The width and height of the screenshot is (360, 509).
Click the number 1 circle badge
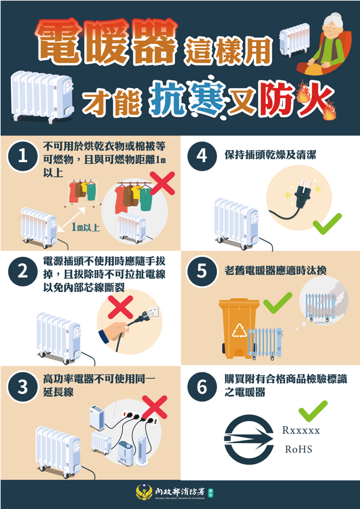point(22,157)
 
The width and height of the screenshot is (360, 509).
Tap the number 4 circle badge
point(202,156)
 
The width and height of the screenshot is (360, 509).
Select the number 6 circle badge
point(202,387)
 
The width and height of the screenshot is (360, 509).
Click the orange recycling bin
point(239,328)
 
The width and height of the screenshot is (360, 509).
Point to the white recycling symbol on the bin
point(239,330)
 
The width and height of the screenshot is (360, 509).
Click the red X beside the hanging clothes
point(162,183)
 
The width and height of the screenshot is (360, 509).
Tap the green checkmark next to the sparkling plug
point(327,224)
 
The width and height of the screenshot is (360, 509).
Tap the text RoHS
point(298,449)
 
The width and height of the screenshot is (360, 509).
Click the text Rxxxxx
point(301,431)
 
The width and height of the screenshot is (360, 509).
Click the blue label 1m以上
point(85,227)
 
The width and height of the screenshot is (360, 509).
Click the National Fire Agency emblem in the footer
point(144,492)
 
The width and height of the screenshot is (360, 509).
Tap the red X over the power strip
point(155,407)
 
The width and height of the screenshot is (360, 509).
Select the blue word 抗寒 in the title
point(187,95)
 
